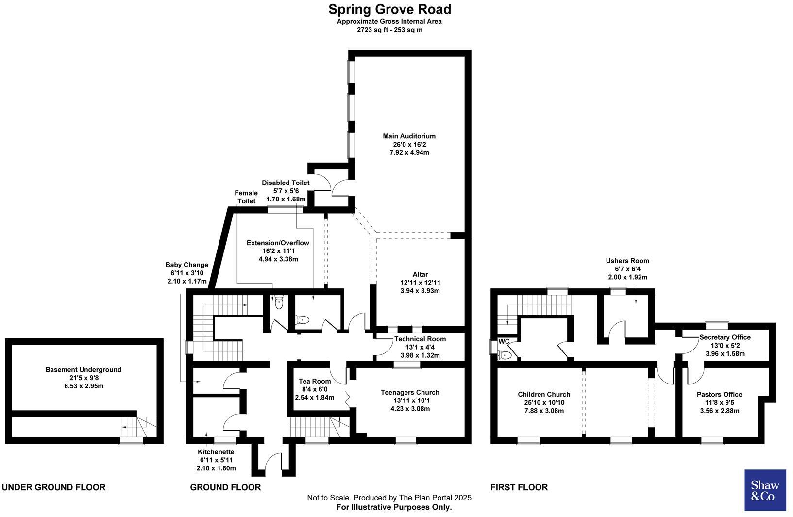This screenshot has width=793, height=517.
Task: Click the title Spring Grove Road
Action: (x=389, y=9)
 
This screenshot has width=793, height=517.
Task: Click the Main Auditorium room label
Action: (x=409, y=136)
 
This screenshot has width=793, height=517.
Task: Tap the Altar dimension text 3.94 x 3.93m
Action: (x=420, y=291)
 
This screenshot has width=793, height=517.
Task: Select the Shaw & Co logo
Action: (x=765, y=490)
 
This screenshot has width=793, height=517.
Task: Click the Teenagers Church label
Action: (x=410, y=392)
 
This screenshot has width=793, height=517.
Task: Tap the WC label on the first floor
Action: (x=504, y=341)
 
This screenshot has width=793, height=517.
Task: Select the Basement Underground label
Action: (x=83, y=369)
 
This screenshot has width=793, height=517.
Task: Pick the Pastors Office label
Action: (x=719, y=394)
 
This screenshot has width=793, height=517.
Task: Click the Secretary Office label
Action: (x=725, y=337)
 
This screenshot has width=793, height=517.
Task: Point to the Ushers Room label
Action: (x=627, y=261)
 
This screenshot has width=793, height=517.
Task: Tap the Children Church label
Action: (x=544, y=394)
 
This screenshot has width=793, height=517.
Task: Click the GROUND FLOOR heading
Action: (x=225, y=487)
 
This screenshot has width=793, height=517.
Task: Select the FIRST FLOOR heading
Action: (x=519, y=487)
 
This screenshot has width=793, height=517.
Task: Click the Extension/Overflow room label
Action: (x=278, y=243)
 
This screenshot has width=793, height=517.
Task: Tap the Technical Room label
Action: (x=420, y=339)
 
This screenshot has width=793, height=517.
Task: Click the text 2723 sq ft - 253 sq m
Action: (x=389, y=30)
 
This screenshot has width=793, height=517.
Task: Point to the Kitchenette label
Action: (x=216, y=452)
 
